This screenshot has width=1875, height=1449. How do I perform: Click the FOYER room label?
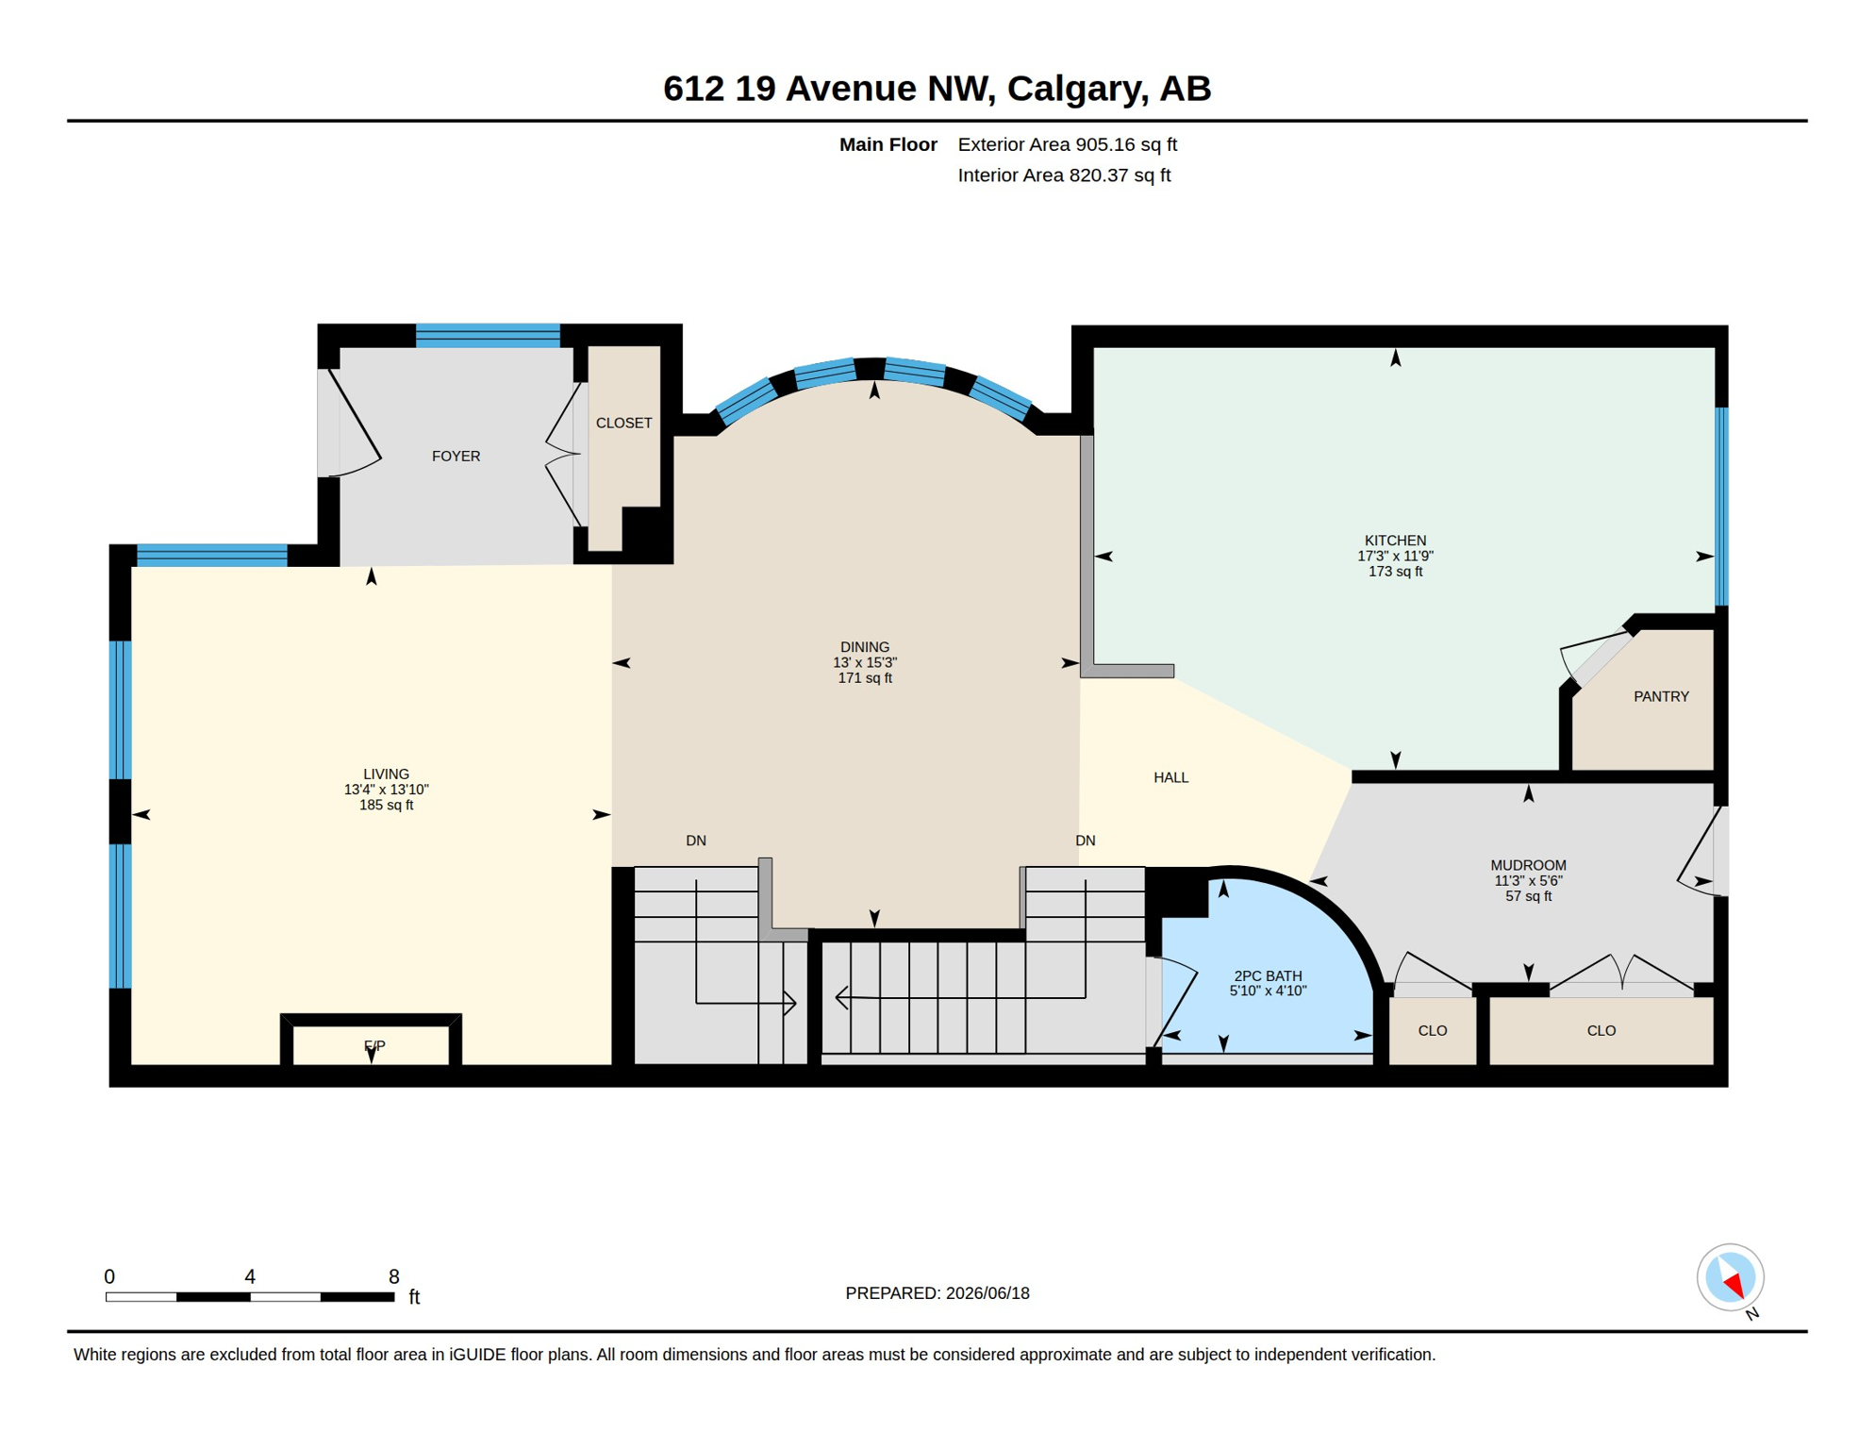pos(456,457)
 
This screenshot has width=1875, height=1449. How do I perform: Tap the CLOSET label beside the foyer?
pos(623,424)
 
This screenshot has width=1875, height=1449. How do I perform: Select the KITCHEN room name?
pos(1395,541)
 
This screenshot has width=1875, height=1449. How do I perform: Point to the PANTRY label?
pos(1661,697)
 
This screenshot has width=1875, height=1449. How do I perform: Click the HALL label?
pos(1170,778)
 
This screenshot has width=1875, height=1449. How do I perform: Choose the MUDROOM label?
pos(1528,866)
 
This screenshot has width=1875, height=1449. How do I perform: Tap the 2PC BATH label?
pos(1268,976)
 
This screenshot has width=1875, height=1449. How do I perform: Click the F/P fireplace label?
pos(374,1046)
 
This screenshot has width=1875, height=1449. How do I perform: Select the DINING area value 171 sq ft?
pos(865,678)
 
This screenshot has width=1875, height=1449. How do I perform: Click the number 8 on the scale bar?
pos(393,1277)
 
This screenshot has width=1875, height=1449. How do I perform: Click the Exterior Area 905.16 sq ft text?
pos(1067,145)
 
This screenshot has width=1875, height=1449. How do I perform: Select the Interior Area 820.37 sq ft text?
pos(1064,175)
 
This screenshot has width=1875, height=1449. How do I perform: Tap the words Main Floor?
pos(888,145)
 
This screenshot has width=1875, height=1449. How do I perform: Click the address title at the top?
pos(937,89)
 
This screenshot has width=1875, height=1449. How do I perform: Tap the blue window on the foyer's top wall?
pos(488,336)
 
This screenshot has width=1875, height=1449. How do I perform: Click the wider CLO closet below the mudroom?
pos(1601,1031)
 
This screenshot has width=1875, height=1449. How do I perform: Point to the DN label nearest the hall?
pos(1085,841)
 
